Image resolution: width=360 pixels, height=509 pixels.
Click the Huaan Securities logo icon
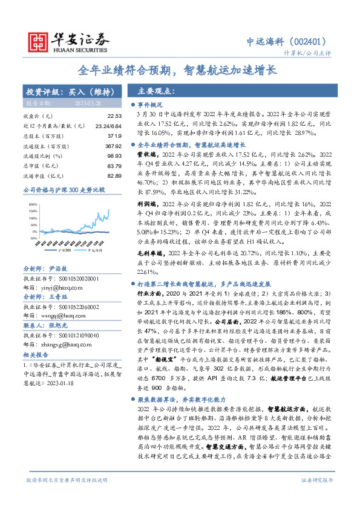point(38,41)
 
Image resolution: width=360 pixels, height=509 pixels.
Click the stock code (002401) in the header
point(310,41)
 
